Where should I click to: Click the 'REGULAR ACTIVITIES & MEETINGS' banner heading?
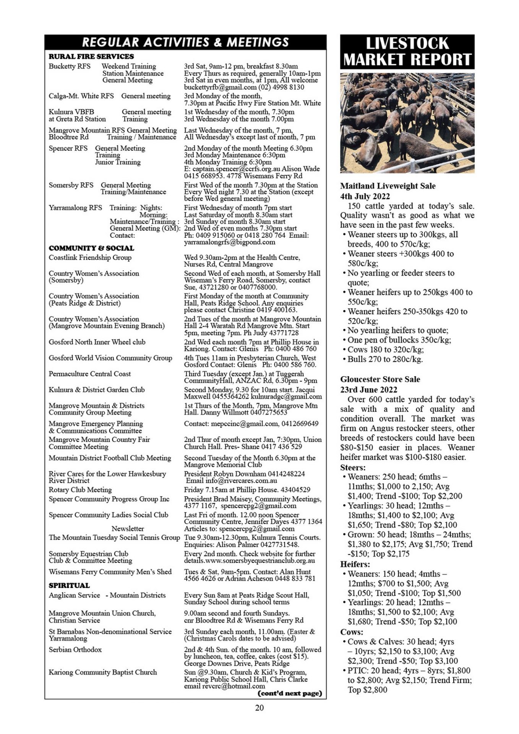tap(185, 42)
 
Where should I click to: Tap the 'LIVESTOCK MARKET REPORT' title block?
tap(407, 52)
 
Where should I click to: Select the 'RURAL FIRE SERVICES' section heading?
tap(91, 57)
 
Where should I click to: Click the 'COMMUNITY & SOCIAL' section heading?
tap(91, 248)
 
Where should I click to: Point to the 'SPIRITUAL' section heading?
tap(69, 585)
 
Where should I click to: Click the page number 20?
tap(259, 708)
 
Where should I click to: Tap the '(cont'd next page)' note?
tap(290, 693)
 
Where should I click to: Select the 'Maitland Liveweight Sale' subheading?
tap(388, 186)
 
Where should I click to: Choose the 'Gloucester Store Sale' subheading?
tap(380, 379)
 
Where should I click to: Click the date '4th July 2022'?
tap(365, 196)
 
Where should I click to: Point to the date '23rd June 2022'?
tap(368, 390)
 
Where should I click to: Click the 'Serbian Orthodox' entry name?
tap(75, 650)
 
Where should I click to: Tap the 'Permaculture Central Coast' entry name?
tap(89, 374)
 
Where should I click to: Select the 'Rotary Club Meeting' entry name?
tap(80, 490)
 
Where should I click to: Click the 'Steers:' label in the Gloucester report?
tap(353, 467)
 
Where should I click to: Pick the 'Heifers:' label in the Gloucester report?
tap(355, 564)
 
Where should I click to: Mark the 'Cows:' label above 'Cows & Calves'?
tap(352, 632)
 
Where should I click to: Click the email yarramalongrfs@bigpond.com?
tap(229, 242)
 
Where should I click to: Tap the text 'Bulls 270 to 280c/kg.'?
tap(385, 359)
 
